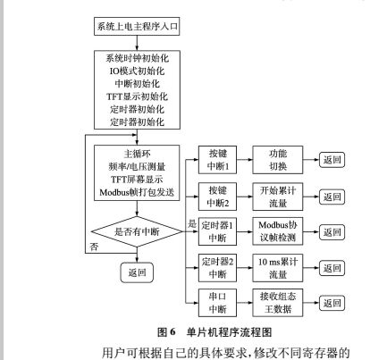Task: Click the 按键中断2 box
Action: pyautogui.click(x=219, y=195)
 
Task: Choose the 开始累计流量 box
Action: pyautogui.click(x=275, y=195)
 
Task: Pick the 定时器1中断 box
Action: pyautogui.click(x=219, y=230)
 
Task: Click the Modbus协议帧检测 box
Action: pyautogui.click(x=276, y=230)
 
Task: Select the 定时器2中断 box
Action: pyautogui.click(x=219, y=264)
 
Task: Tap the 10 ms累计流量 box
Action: pyautogui.click(x=276, y=264)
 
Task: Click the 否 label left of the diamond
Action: pyautogui.click(x=94, y=245)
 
